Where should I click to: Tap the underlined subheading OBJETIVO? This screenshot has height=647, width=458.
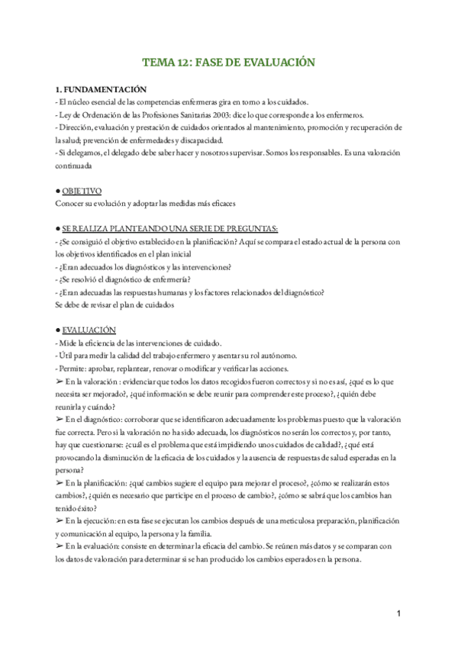click(82, 190)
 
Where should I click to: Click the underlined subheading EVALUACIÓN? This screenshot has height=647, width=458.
click(89, 330)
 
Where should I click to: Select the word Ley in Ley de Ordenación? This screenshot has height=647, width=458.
click(66, 115)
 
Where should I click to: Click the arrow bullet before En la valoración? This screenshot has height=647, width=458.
click(60, 381)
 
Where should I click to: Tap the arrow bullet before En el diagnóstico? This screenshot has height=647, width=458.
click(60, 419)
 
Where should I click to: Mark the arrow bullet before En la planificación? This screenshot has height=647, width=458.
click(60, 482)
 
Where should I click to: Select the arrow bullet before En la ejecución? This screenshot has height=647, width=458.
click(60, 520)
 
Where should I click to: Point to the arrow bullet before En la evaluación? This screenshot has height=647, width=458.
click(60, 546)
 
